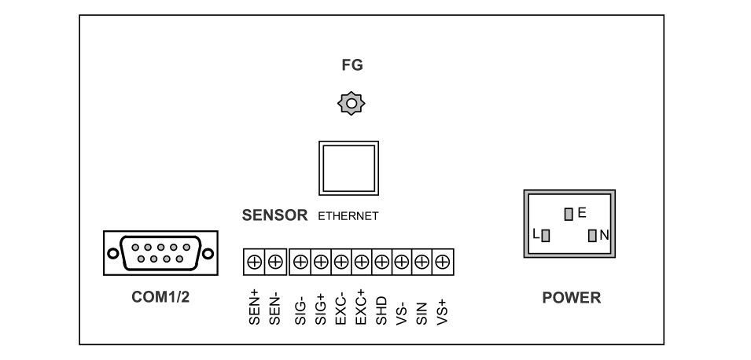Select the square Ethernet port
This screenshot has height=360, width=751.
tap(348, 167)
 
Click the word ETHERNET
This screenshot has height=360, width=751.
tap(348, 215)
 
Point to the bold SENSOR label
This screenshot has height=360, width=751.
tap(274, 214)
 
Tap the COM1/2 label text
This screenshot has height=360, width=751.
tap(160, 299)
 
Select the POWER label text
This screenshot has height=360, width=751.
tap(572, 299)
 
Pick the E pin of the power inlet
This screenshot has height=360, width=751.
tap(569, 213)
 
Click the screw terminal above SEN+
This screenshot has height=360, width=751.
tap(255, 262)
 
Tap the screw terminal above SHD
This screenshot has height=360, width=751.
tap(381, 262)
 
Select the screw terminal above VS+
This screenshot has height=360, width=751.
tap(443, 262)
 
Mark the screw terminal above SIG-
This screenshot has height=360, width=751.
tap(300, 262)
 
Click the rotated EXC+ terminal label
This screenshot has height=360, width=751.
tap(361, 307)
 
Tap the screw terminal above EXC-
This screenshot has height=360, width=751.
tap(341, 262)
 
